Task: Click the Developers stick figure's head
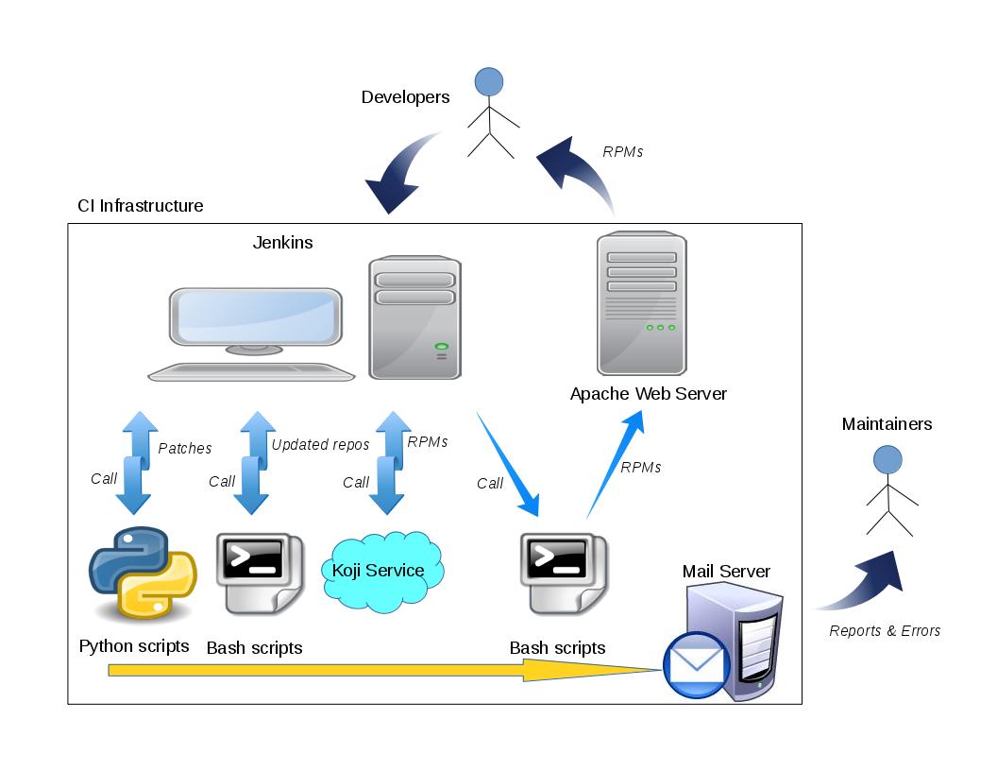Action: pyautogui.click(x=488, y=81)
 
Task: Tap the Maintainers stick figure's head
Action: pyautogui.click(x=887, y=460)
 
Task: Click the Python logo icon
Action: pyautogui.click(x=143, y=574)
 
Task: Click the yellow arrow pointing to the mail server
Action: pyautogui.click(x=378, y=670)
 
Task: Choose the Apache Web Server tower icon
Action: pyautogui.click(x=642, y=303)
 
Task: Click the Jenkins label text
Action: pyautogui.click(x=282, y=243)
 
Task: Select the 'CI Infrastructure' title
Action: pyautogui.click(x=140, y=206)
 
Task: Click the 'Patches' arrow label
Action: pyautogui.click(x=185, y=449)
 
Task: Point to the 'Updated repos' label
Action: pyautogui.click(x=320, y=445)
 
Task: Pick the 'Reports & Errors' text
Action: pyautogui.click(x=885, y=631)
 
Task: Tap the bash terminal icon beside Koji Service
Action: pyautogui.click(x=257, y=573)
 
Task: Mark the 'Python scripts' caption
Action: pyautogui.click(x=134, y=647)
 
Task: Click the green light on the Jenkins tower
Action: pyautogui.click(x=441, y=348)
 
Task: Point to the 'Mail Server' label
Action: pyautogui.click(x=726, y=572)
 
